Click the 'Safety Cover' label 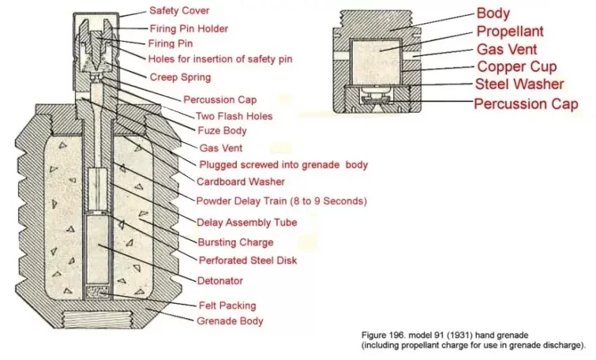pyautogui.click(x=179, y=11)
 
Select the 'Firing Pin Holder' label pyautogui.click(x=189, y=29)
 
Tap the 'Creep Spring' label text pyautogui.click(x=180, y=77)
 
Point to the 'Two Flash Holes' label pyautogui.click(x=233, y=116)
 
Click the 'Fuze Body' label pyautogui.click(x=222, y=131)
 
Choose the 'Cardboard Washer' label pyautogui.click(x=241, y=182)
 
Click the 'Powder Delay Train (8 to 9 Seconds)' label pyautogui.click(x=282, y=201)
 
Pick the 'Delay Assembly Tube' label pyautogui.click(x=247, y=222)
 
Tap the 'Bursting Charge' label pyautogui.click(x=236, y=242)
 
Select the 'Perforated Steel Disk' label pyautogui.click(x=248, y=260)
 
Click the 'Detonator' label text pyautogui.click(x=220, y=281)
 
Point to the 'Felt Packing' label pyautogui.click(x=227, y=305)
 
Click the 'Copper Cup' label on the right pyautogui.click(x=517, y=67)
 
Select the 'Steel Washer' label pyautogui.click(x=520, y=84)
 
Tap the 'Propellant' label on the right pyautogui.click(x=510, y=31)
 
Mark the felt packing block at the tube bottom pyautogui.click(x=98, y=292)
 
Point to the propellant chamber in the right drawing pyautogui.click(x=375, y=62)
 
